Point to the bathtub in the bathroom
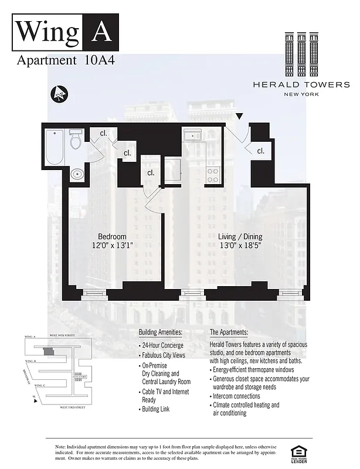(x=55, y=147)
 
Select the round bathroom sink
(x=77, y=174)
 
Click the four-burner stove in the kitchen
(x=213, y=174)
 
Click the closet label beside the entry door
(x=260, y=151)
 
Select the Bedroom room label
(x=112, y=237)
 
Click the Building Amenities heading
(x=161, y=332)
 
